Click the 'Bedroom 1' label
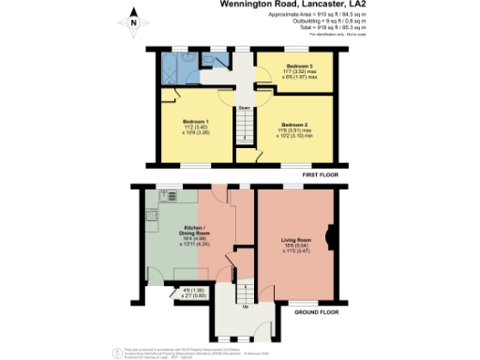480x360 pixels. pos(195,123)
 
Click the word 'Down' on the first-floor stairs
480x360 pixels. pos(243,109)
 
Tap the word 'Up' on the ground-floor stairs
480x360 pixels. pos(246,306)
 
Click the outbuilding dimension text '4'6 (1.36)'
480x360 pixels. pos(190,289)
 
